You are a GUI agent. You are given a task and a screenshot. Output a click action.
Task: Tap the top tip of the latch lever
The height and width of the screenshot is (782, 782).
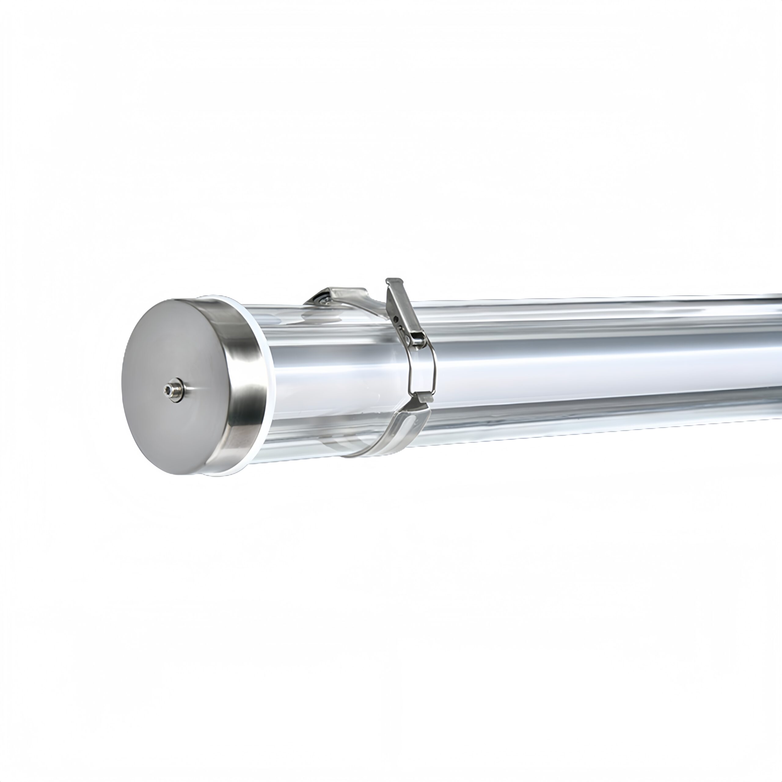(393, 280)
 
